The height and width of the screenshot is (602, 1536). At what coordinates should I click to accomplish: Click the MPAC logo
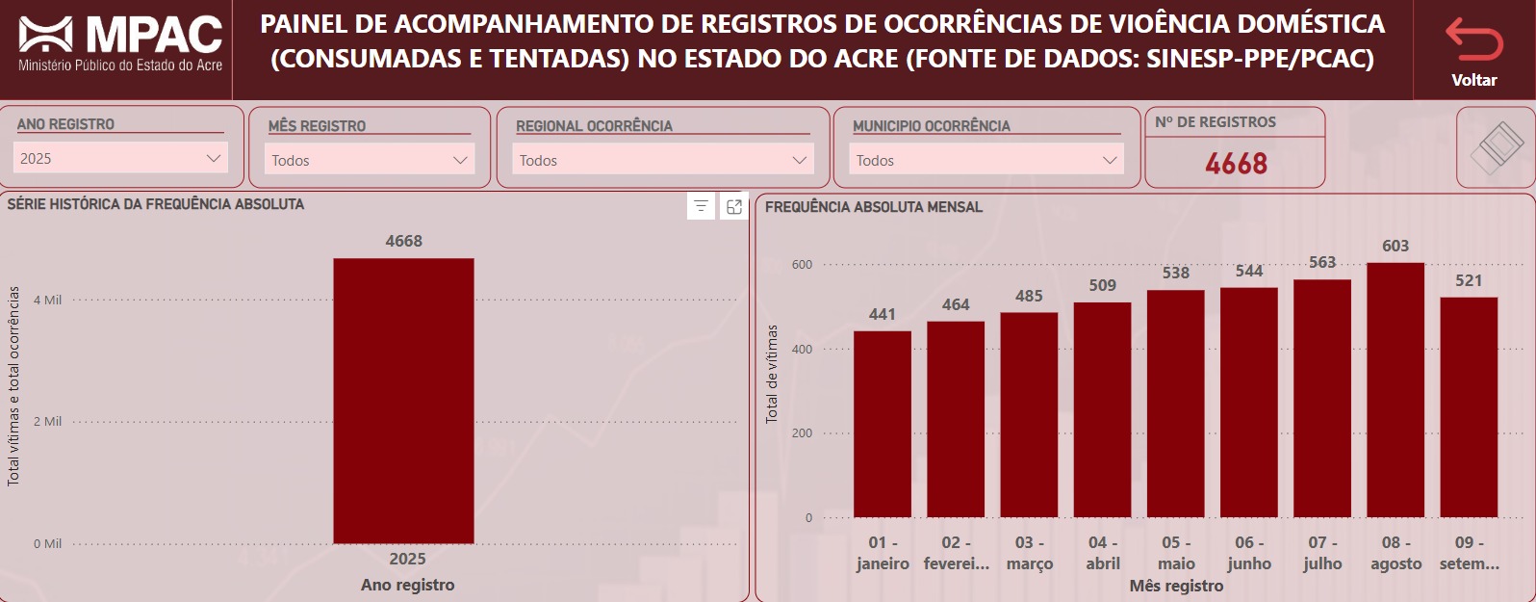pos(120,43)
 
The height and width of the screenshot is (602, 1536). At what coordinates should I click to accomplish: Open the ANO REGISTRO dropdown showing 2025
pos(120,158)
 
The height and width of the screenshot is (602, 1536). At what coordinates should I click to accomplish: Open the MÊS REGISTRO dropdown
pos(370,160)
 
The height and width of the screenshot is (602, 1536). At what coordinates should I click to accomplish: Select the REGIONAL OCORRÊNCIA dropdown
pos(662,160)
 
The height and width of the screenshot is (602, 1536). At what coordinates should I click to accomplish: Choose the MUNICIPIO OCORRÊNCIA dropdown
pos(986,160)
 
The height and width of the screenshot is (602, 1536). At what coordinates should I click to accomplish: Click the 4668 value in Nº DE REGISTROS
pos(1236,164)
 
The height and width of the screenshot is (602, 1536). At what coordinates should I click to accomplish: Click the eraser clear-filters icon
pos(1496,147)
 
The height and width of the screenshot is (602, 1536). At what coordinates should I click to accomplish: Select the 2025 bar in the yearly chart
pos(403,401)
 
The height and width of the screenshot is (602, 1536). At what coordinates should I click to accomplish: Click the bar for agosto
pos(1395,390)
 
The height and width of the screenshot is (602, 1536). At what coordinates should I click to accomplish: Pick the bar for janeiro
pos(883,424)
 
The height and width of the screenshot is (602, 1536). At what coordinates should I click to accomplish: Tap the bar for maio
pos(1175,404)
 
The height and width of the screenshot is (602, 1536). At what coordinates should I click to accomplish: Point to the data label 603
pos(1395,246)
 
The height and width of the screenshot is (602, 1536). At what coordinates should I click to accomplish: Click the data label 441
pos(883,314)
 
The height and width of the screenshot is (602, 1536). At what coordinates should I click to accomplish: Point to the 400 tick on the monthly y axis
pos(802,349)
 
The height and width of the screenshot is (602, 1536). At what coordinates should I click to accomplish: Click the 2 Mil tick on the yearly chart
pos(47,421)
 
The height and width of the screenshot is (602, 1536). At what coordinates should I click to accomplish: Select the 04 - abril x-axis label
pos(1103,553)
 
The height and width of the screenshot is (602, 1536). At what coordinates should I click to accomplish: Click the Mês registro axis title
pos(1176,586)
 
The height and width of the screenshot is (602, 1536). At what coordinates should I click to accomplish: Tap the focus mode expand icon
pos(734,206)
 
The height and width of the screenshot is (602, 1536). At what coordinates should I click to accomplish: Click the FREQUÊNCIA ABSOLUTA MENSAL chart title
pos(874,207)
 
